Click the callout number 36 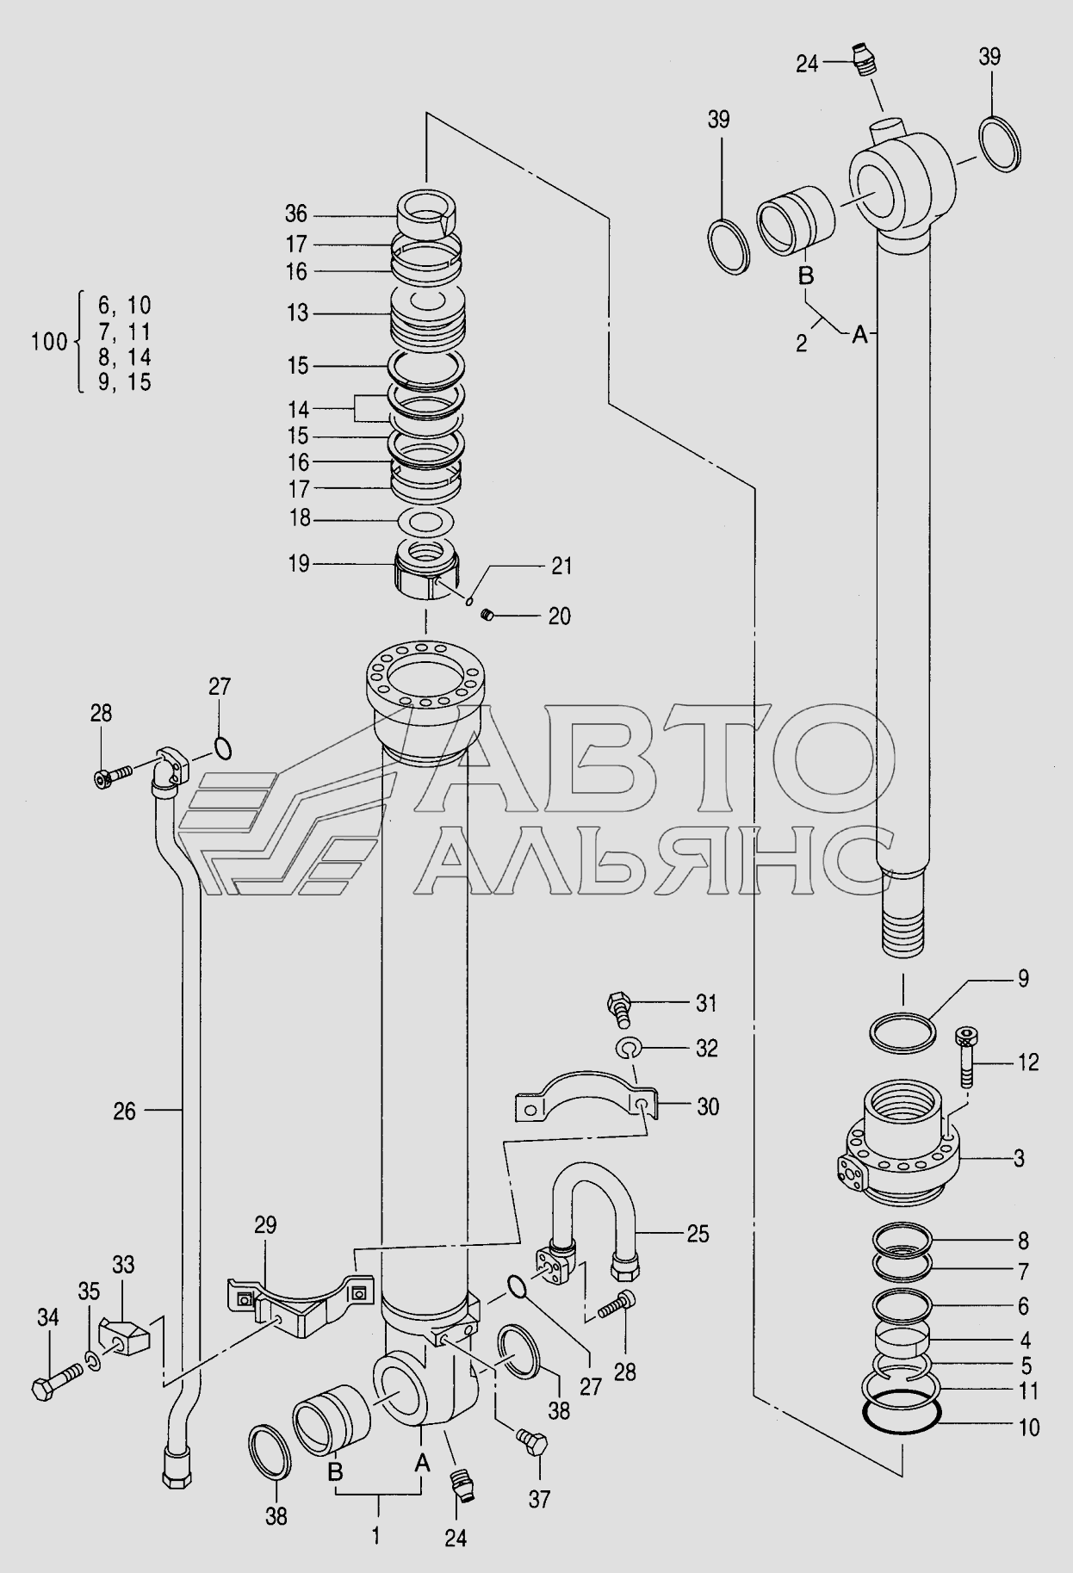click(296, 214)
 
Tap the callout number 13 click(297, 313)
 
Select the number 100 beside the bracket click(49, 342)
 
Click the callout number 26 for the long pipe click(125, 1112)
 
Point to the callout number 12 click(1028, 1062)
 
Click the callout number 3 click(1019, 1159)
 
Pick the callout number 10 click(1029, 1427)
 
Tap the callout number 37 click(539, 1499)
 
